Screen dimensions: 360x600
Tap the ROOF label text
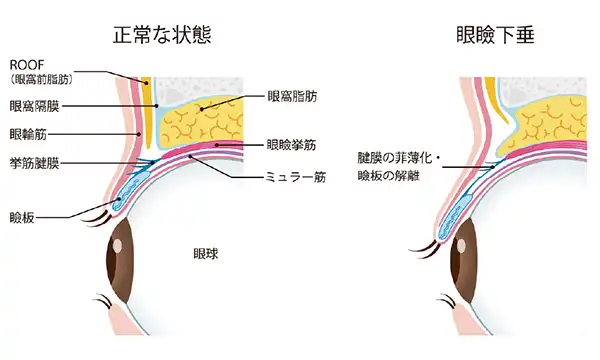(x=23, y=63)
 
